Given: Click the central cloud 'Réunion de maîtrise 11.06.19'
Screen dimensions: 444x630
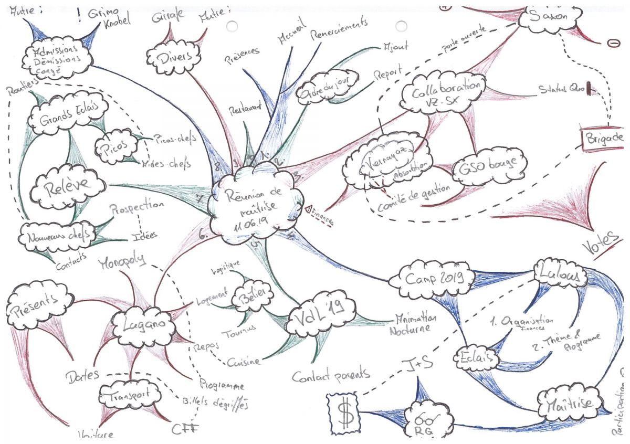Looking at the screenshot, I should point(254,202).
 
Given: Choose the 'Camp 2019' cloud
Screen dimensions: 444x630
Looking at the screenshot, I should point(432,277).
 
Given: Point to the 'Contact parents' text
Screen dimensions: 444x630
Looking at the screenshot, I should point(331,375).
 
